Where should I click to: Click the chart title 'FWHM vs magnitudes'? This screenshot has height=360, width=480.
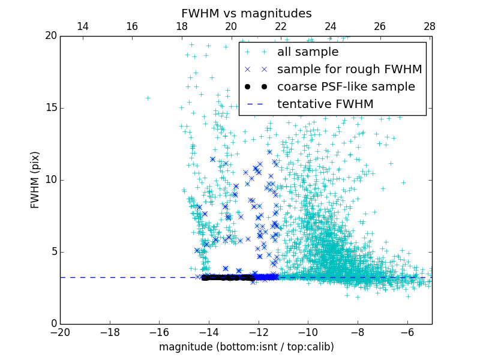tap(246, 13)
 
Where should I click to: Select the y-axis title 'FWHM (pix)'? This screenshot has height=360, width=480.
tap(35, 180)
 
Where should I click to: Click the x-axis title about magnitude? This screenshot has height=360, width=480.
tap(246, 347)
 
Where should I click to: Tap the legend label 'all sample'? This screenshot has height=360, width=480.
tap(307, 52)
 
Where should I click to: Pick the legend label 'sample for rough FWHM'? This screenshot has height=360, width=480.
tap(349, 70)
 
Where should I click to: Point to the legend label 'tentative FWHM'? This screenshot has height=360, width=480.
tap(325, 104)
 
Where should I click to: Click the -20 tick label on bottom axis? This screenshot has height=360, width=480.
tap(60, 332)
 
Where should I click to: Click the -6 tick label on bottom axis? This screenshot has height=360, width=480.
tap(407, 332)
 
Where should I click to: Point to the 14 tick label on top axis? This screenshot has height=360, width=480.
tap(83, 26)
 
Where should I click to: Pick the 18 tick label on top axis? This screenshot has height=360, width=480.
tap(182, 26)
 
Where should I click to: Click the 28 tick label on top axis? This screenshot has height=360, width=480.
tap(430, 26)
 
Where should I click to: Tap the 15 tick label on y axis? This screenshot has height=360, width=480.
tap(49, 108)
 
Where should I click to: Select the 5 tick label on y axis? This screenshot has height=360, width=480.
tap(52, 252)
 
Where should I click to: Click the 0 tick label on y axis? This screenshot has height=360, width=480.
tap(52, 324)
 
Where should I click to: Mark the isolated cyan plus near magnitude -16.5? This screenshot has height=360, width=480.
tap(147, 98)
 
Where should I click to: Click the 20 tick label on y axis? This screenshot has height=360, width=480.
tap(49, 36)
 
